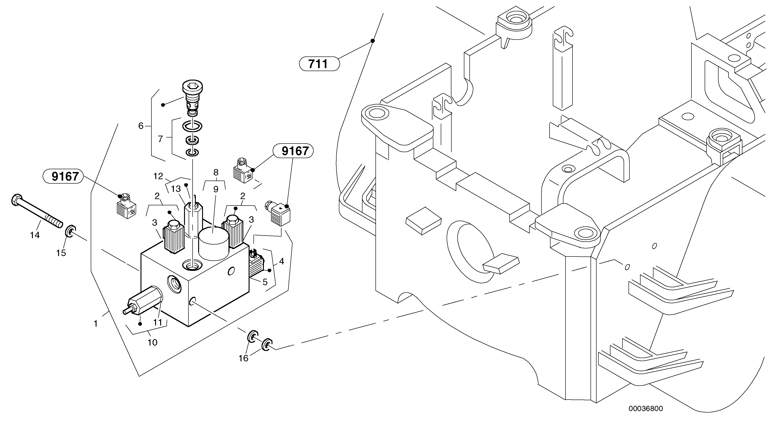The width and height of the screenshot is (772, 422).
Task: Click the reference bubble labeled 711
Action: coord(319,64)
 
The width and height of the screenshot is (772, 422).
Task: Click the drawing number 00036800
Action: coord(646,409)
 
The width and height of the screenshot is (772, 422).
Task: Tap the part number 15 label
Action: coord(61,253)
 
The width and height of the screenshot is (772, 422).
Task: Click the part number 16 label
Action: coord(243,358)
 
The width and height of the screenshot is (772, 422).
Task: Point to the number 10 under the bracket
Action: coord(152,342)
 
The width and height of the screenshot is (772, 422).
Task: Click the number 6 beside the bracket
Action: coord(141,126)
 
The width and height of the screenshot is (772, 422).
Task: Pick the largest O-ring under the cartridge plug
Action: coord(192,126)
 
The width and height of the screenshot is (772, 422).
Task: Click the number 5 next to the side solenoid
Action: coord(265,282)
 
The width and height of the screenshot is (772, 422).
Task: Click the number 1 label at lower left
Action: coord(96,324)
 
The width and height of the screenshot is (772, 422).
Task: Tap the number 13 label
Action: coord(176,189)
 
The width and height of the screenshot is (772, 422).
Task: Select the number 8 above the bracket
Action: coord(216,172)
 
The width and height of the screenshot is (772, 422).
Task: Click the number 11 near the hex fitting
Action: coord(158,322)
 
